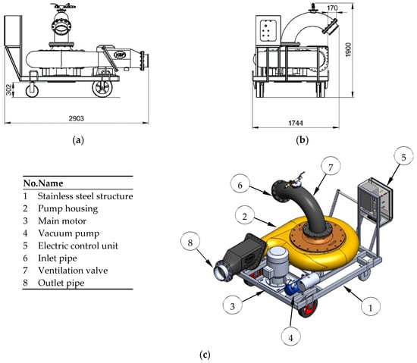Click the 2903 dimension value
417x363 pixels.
tap(77, 118)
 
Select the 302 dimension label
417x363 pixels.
tap(9, 89)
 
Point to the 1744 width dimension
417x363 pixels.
tap(296, 123)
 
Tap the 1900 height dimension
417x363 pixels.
tap(348, 49)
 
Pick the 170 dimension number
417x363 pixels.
tap(332, 8)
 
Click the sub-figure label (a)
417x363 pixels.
tap(78, 139)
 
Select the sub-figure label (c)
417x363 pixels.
tap(205, 355)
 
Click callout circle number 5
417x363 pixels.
tap(403, 158)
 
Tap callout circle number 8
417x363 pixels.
tap(190, 243)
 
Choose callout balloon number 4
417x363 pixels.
tap(291, 338)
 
